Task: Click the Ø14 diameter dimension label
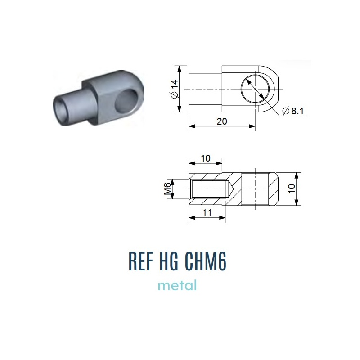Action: click(x=175, y=89)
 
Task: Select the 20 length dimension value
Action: click(x=222, y=121)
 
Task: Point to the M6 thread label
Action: click(x=167, y=189)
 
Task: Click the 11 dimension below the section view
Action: click(x=207, y=213)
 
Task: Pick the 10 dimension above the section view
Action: click(x=206, y=158)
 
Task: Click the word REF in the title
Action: click(x=141, y=261)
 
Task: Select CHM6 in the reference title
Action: click(x=206, y=261)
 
